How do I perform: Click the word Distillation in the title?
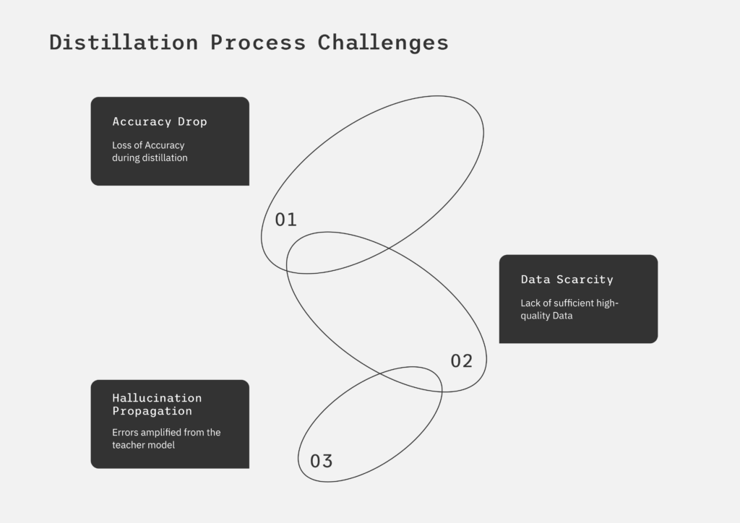pyautogui.click(x=124, y=43)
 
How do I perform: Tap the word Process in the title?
pyautogui.click(x=258, y=43)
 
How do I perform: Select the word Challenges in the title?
pyautogui.click(x=383, y=43)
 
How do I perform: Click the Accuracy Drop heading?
pyautogui.click(x=160, y=121)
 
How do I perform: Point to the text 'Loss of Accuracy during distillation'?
pyautogui.click(x=150, y=152)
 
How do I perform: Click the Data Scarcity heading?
pyautogui.click(x=567, y=280)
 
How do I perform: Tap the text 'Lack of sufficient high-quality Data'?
pyautogui.click(x=569, y=309)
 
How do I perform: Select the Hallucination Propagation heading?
pyautogui.click(x=157, y=405)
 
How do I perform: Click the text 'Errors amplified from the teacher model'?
pyautogui.click(x=166, y=438)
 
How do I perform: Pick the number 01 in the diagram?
pyautogui.click(x=286, y=220)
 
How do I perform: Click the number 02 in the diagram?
pyautogui.click(x=462, y=361)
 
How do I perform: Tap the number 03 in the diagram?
pyautogui.click(x=322, y=461)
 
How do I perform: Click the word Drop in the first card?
pyautogui.click(x=192, y=121)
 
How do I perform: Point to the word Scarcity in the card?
pyautogui.click(x=585, y=280)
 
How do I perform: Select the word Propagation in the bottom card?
pyautogui.click(x=152, y=411)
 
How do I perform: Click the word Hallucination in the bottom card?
pyautogui.click(x=157, y=398)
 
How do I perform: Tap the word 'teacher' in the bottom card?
pyautogui.click(x=127, y=445)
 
